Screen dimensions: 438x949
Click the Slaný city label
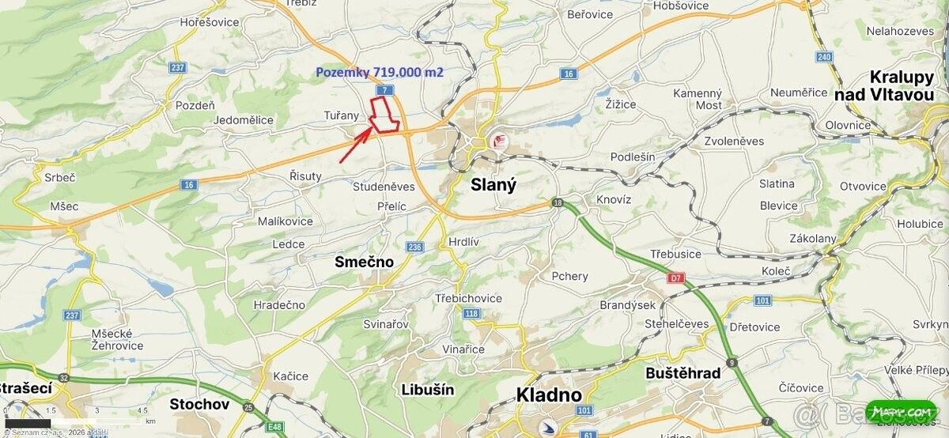click(493, 185)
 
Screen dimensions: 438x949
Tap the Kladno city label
click(549, 395)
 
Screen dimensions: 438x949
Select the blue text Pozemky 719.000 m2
click(380, 72)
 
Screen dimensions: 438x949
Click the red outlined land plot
click(384, 115)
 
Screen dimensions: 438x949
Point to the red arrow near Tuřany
click(355, 145)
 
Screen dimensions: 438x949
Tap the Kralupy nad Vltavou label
click(890, 85)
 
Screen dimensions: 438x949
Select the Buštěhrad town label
click(682, 373)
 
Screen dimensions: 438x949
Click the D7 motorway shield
click(675, 278)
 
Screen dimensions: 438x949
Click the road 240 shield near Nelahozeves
click(824, 57)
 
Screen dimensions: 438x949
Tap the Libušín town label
click(427, 389)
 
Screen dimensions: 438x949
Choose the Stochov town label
click(199, 404)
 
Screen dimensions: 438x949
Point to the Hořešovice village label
click(209, 22)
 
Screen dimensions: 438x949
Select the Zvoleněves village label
click(734, 141)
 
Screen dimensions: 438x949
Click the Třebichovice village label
click(468, 298)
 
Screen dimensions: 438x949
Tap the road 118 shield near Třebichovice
click(472, 314)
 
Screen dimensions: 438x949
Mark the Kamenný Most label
click(698, 99)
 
